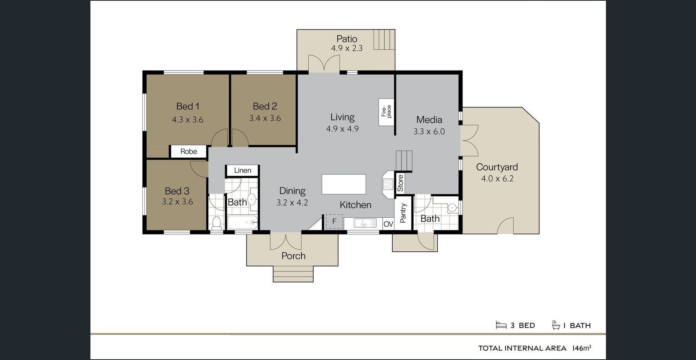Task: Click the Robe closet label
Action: coord(189,151)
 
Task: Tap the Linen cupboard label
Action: coord(243,170)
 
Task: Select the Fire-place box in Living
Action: coord(386,112)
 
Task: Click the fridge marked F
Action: coord(334,222)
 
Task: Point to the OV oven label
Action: coord(388,224)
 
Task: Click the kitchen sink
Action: coord(365,223)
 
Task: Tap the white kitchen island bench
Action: coord(344,184)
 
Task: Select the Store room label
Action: coord(400,183)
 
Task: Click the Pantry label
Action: coord(403,213)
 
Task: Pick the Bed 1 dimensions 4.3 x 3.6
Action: coord(187,120)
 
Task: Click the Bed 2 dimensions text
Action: coord(265,118)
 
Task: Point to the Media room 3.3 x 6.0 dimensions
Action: coord(429,132)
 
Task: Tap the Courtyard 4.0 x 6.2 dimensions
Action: coord(497,178)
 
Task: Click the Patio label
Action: coord(347,39)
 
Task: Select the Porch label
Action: coord(293,256)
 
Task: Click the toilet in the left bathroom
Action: coord(217,223)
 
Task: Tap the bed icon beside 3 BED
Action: coord(501,325)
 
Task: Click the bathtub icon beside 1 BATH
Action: coord(556,325)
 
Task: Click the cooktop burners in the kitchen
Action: coord(388,184)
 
